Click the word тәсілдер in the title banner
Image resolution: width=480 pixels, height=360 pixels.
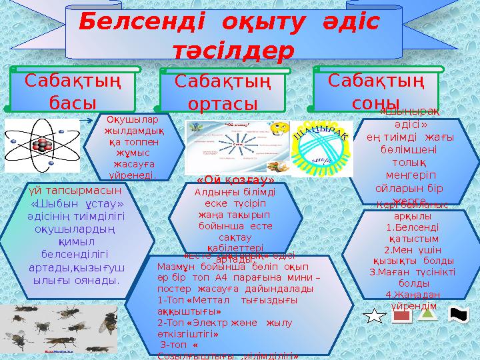coord(233,51)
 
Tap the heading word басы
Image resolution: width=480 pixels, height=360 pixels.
coord(73,103)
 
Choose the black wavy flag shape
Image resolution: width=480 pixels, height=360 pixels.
coord(460,315)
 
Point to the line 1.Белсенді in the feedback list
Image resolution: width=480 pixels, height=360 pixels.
coord(413,227)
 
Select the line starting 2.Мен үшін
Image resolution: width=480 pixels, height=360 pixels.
coord(413,249)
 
